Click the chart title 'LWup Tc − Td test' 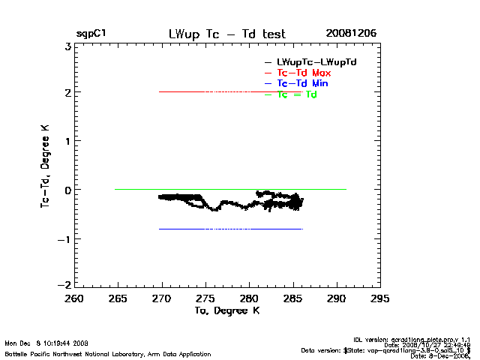[226, 34]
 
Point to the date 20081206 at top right [351, 34]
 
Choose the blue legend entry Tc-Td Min [302, 83]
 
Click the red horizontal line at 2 [187, 91]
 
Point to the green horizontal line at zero [150, 189]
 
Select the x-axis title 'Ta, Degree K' [227, 310]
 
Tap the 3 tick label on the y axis [67, 46]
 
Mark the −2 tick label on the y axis [64, 286]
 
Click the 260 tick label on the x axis [74, 298]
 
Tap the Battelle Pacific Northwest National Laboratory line [108, 354]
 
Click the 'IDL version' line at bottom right [414, 339]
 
